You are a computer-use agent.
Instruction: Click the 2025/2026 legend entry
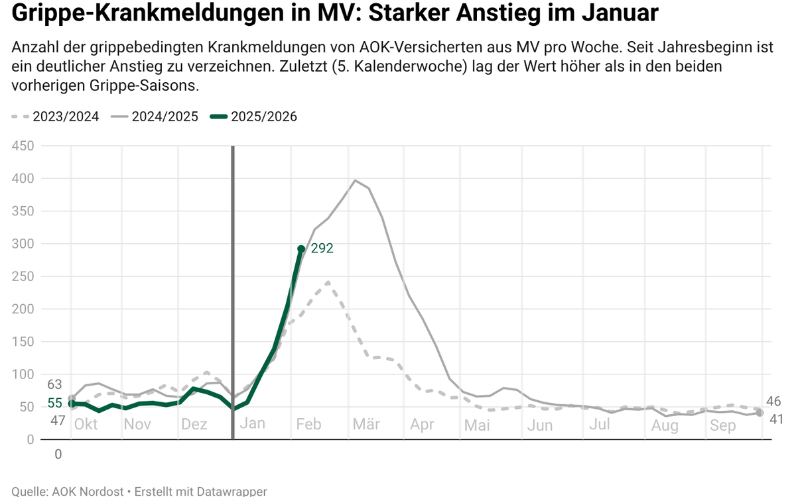(x=255, y=117)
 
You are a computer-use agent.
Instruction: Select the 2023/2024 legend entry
(x=56, y=117)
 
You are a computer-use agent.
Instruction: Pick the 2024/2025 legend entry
(x=157, y=117)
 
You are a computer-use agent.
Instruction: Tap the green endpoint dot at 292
(x=301, y=249)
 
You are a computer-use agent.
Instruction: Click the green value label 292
(x=322, y=249)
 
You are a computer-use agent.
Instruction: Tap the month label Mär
(x=365, y=424)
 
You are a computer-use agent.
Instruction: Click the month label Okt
(x=86, y=424)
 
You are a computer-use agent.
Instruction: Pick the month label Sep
(x=722, y=425)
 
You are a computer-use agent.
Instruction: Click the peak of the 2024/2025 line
(x=355, y=180)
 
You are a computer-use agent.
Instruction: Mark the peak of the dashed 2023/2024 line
(x=328, y=282)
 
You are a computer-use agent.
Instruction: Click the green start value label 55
(x=55, y=404)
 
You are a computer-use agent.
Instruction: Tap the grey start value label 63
(x=55, y=385)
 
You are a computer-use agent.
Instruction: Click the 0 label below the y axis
(x=58, y=455)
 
